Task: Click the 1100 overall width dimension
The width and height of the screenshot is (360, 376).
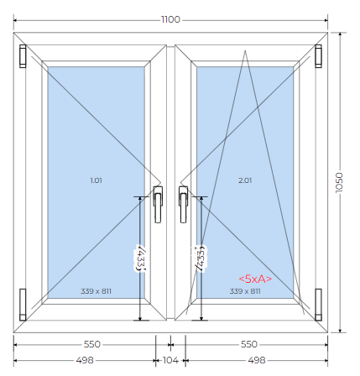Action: (x=170, y=19)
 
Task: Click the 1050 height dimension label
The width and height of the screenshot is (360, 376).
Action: (x=339, y=182)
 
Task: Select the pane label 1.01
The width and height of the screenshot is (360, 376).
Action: (x=96, y=180)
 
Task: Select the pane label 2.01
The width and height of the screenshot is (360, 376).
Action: (x=245, y=180)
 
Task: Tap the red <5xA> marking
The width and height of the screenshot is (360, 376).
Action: (x=255, y=279)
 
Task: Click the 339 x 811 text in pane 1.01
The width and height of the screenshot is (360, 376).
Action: (x=96, y=291)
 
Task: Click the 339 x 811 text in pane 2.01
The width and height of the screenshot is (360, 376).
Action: (x=245, y=291)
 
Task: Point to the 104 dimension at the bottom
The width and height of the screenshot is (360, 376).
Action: (x=170, y=360)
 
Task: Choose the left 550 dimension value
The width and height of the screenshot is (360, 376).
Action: (x=92, y=344)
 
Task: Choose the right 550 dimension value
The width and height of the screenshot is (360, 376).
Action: (x=249, y=344)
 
